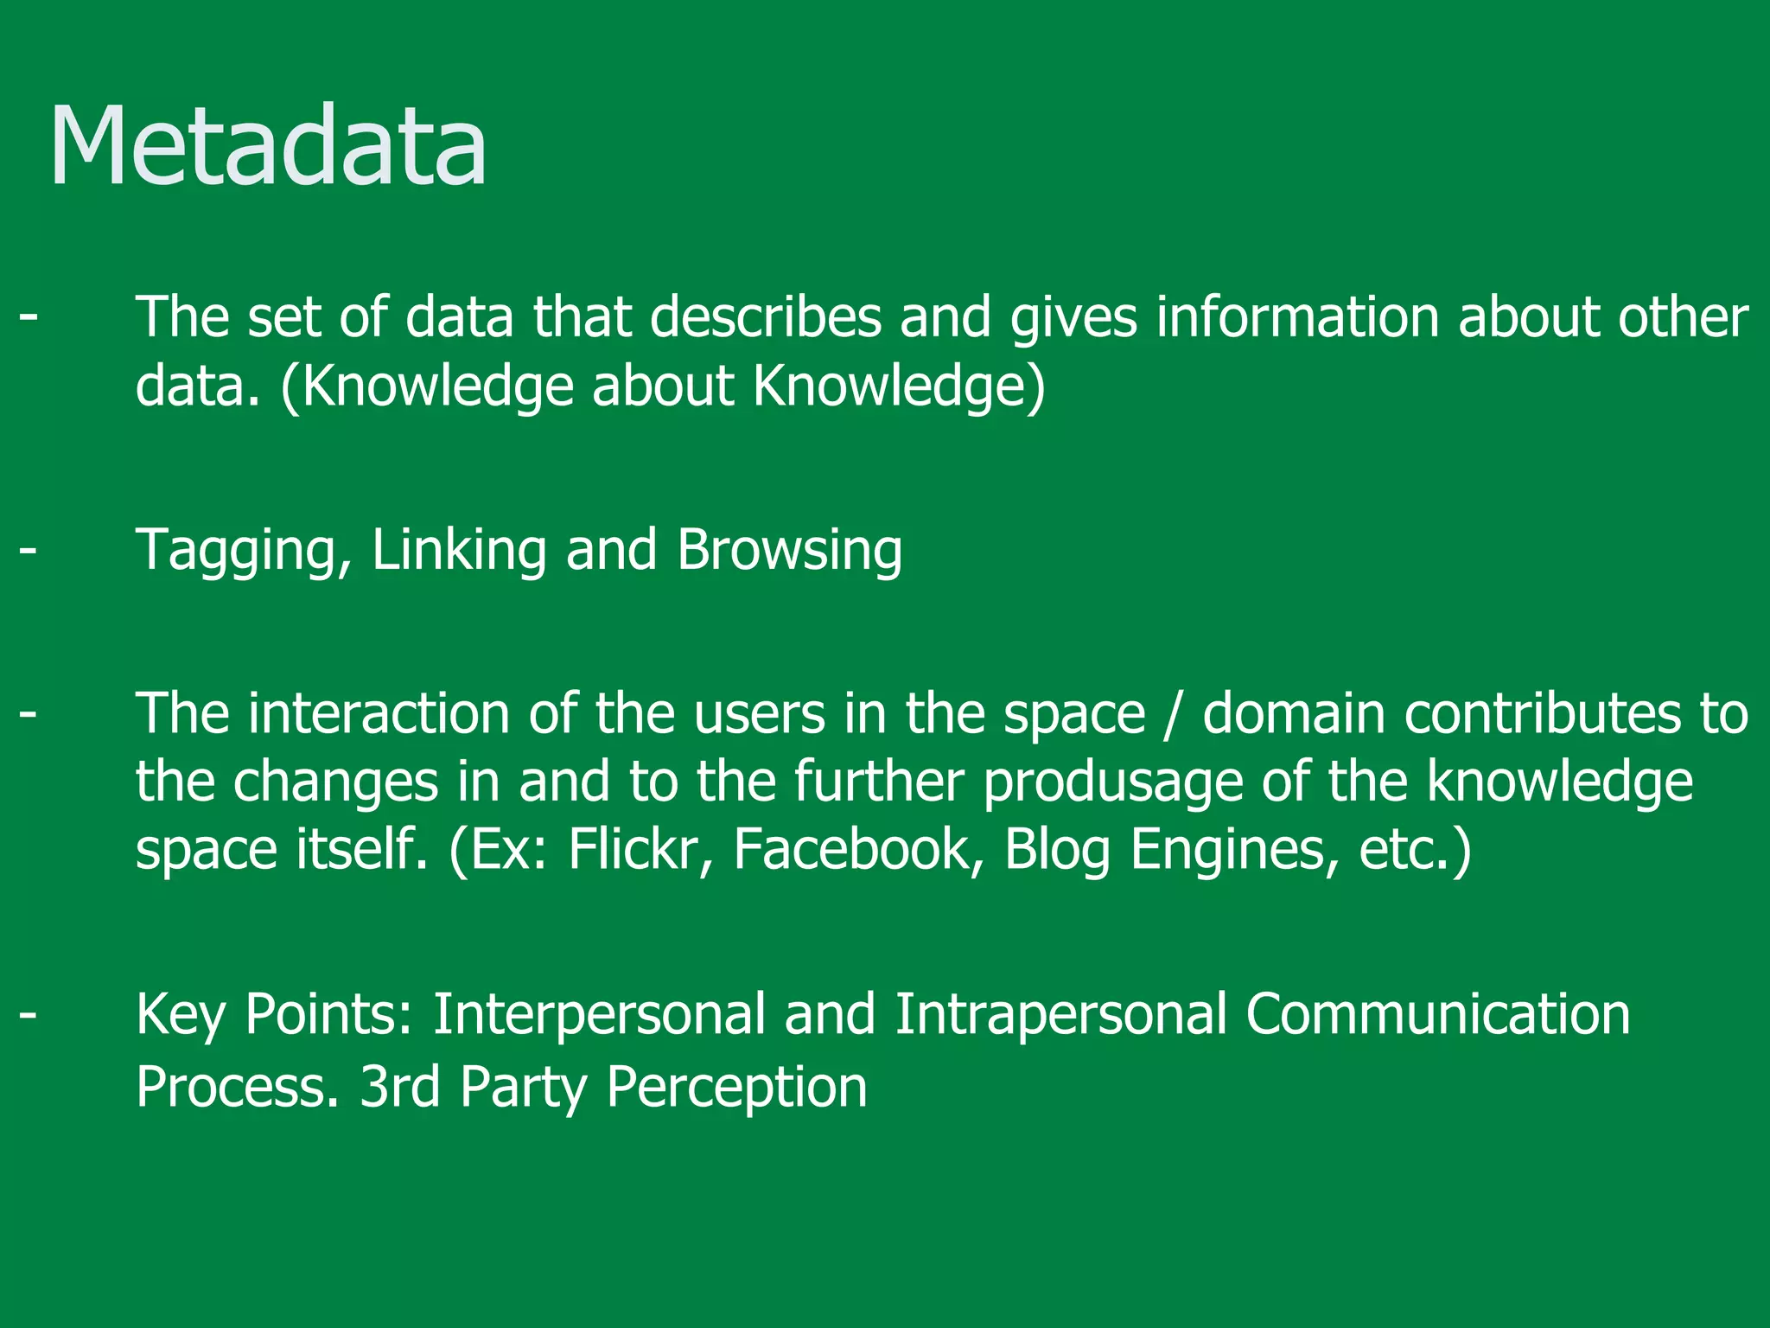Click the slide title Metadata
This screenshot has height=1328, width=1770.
pyautogui.click(x=268, y=145)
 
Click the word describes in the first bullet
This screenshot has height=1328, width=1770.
pyautogui.click(x=766, y=316)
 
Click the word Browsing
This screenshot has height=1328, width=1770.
pyautogui.click(x=790, y=550)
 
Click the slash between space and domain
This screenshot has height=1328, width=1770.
pyautogui.click(x=1173, y=715)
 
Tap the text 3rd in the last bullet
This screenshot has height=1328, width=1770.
pyautogui.click(x=399, y=1086)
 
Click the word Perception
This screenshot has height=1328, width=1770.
pyautogui.click(x=736, y=1088)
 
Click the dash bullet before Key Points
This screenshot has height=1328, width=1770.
pyautogui.click(x=29, y=1014)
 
